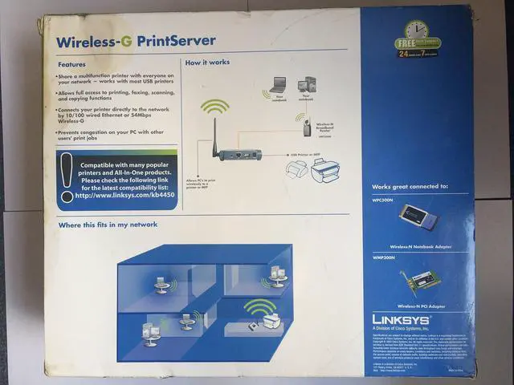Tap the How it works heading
coord(206,63)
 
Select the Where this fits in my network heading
coord(108,225)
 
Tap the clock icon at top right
coord(417,33)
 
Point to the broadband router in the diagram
coord(306,128)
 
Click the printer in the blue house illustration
coord(271,321)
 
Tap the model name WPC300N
coord(386,199)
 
